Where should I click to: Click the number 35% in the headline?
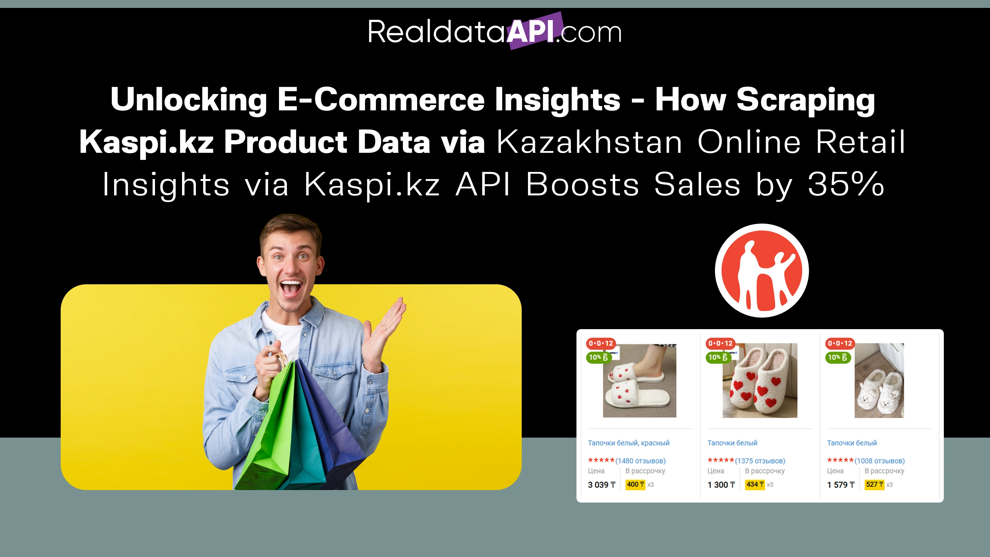(x=846, y=184)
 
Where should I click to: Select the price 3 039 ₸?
(x=602, y=485)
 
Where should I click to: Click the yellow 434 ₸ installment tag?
(x=755, y=484)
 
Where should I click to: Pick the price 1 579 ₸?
(x=841, y=485)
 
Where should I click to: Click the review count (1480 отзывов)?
(x=640, y=460)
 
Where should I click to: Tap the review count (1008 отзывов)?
(x=879, y=460)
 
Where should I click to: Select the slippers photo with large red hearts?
(x=760, y=381)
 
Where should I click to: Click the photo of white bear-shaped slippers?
(x=879, y=381)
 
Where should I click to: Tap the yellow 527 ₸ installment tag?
(x=874, y=484)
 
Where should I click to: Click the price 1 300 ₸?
(x=721, y=485)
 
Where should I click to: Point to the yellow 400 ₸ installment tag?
(x=635, y=484)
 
